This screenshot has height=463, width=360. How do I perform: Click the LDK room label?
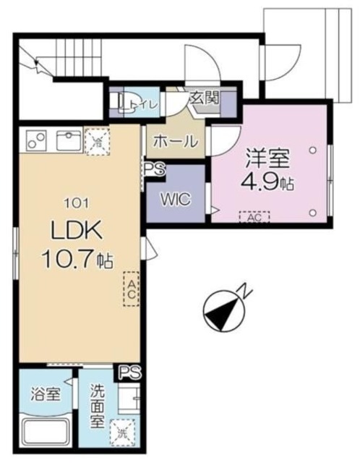tap(77, 231)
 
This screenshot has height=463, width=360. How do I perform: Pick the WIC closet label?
tap(176, 198)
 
